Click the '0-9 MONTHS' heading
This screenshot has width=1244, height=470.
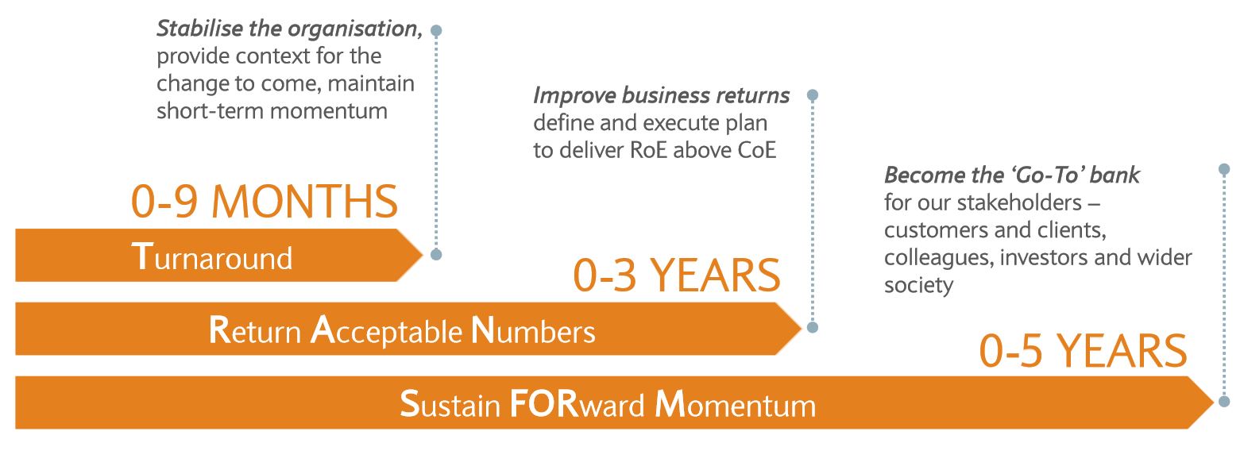[x=265, y=202]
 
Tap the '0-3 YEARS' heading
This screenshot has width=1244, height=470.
[x=677, y=275]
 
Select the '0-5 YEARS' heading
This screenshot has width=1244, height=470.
[x=1083, y=351]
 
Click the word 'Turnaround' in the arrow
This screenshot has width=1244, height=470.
[x=211, y=257]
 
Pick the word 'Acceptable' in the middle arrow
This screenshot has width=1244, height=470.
[x=386, y=331]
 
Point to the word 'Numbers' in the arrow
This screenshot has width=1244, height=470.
[x=533, y=331]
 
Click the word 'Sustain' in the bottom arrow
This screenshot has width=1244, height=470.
[x=450, y=404]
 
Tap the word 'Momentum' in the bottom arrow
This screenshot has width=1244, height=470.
[x=736, y=404]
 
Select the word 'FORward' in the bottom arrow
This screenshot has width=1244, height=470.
[x=577, y=404]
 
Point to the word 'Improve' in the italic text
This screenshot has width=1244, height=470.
[x=574, y=96]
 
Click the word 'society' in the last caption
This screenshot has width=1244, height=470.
[x=918, y=285]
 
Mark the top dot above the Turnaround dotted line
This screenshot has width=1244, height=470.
[x=436, y=30]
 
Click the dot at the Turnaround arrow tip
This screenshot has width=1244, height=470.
[x=436, y=255]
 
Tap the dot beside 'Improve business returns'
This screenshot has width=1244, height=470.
[x=813, y=95]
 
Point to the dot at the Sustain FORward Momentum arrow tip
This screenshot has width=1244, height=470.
[x=1224, y=402]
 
